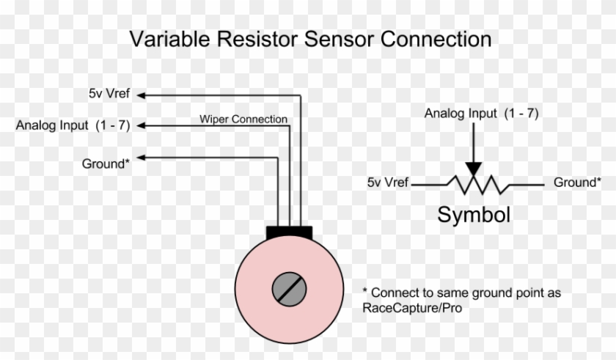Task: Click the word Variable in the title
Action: coord(169,40)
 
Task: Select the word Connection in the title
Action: coord(436,40)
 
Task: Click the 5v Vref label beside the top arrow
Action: coord(109,93)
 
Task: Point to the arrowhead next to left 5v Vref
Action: coord(141,95)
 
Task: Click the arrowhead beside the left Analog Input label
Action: coord(141,125)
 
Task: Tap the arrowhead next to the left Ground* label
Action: coord(141,158)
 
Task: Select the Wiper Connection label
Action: coord(243,119)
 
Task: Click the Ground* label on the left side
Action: coord(106,164)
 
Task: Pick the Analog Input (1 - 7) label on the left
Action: coord(73,125)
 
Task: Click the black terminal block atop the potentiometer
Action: coord(289,233)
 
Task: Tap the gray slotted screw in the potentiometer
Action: coord(289,290)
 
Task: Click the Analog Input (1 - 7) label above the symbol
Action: coord(481,114)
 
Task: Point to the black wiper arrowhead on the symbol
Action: coord(474,169)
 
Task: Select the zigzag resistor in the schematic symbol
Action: coord(477,185)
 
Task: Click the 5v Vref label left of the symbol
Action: coord(388,182)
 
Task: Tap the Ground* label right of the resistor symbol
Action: coord(577,182)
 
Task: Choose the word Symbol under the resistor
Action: coord(474,215)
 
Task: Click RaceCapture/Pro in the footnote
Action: coord(412,308)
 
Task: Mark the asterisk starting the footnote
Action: coord(365,290)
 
